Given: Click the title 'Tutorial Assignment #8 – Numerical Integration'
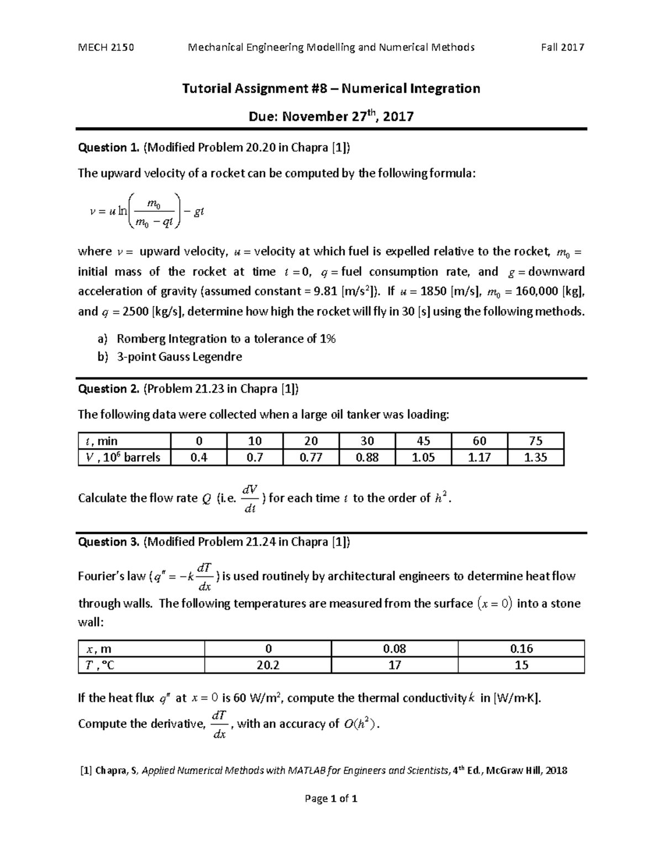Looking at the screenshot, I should [x=331, y=88].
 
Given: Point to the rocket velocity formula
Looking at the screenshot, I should [x=147, y=211].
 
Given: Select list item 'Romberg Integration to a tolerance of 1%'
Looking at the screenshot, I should [x=226, y=339].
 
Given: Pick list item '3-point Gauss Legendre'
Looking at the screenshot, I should [x=179, y=357].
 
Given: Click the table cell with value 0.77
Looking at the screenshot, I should [x=311, y=457].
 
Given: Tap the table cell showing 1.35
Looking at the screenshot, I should [x=535, y=457].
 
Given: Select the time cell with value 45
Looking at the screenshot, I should [x=423, y=441].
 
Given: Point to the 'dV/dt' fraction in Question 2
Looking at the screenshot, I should [x=250, y=498].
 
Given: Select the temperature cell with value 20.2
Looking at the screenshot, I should [x=268, y=665].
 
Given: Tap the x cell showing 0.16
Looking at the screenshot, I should [x=521, y=648].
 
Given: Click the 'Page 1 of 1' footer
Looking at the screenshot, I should [x=331, y=799].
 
